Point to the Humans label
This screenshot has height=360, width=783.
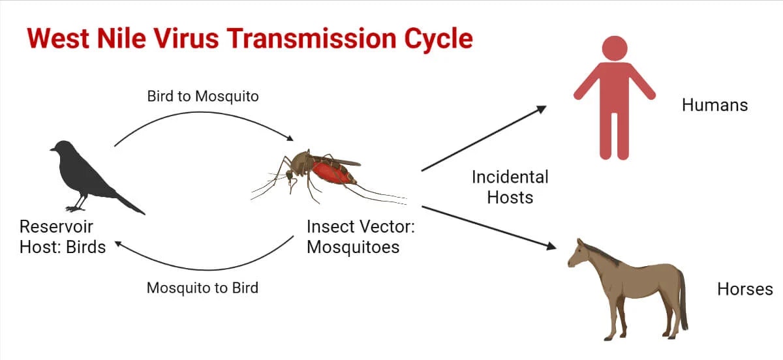[x=714, y=105]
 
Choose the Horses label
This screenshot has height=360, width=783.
[x=745, y=289]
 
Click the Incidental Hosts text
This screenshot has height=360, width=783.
[x=510, y=187]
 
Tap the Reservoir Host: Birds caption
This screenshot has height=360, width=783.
[x=62, y=237]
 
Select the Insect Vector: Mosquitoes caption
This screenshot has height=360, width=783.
[x=361, y=237]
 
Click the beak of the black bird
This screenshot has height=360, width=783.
[x=53, y=149]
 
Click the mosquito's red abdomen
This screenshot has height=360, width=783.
[x=333, y=173]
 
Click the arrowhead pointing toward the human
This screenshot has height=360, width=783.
[x=541, y=109]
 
